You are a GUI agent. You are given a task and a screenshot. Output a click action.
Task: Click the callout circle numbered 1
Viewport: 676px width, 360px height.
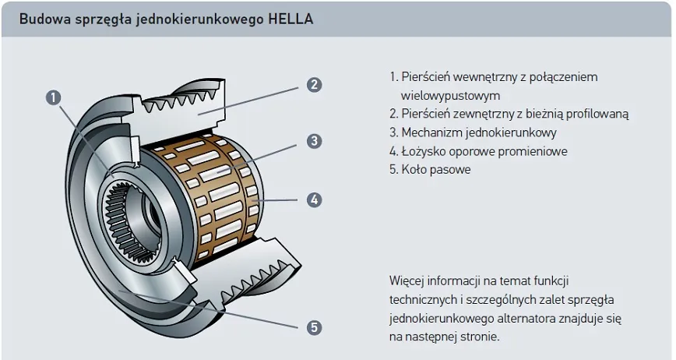(x=53, y=97)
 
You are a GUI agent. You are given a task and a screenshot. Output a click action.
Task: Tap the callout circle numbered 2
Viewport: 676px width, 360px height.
(x=314, y=85)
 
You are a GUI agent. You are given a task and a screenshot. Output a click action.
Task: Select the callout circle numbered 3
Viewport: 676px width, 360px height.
(x=314, y=141)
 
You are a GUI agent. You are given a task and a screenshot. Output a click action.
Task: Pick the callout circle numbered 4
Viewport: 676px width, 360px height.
(x=314, y=199)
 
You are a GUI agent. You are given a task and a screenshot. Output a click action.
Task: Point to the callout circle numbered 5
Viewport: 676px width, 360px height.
(x=314, y=327)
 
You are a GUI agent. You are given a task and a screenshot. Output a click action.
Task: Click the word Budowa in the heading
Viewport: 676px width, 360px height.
(x=40, y=19)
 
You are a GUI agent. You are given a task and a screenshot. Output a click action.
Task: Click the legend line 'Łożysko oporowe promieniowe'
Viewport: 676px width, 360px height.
(x=478, y=151)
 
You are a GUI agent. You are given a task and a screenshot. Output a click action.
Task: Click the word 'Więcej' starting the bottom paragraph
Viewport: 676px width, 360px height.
(x=407, y=281)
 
